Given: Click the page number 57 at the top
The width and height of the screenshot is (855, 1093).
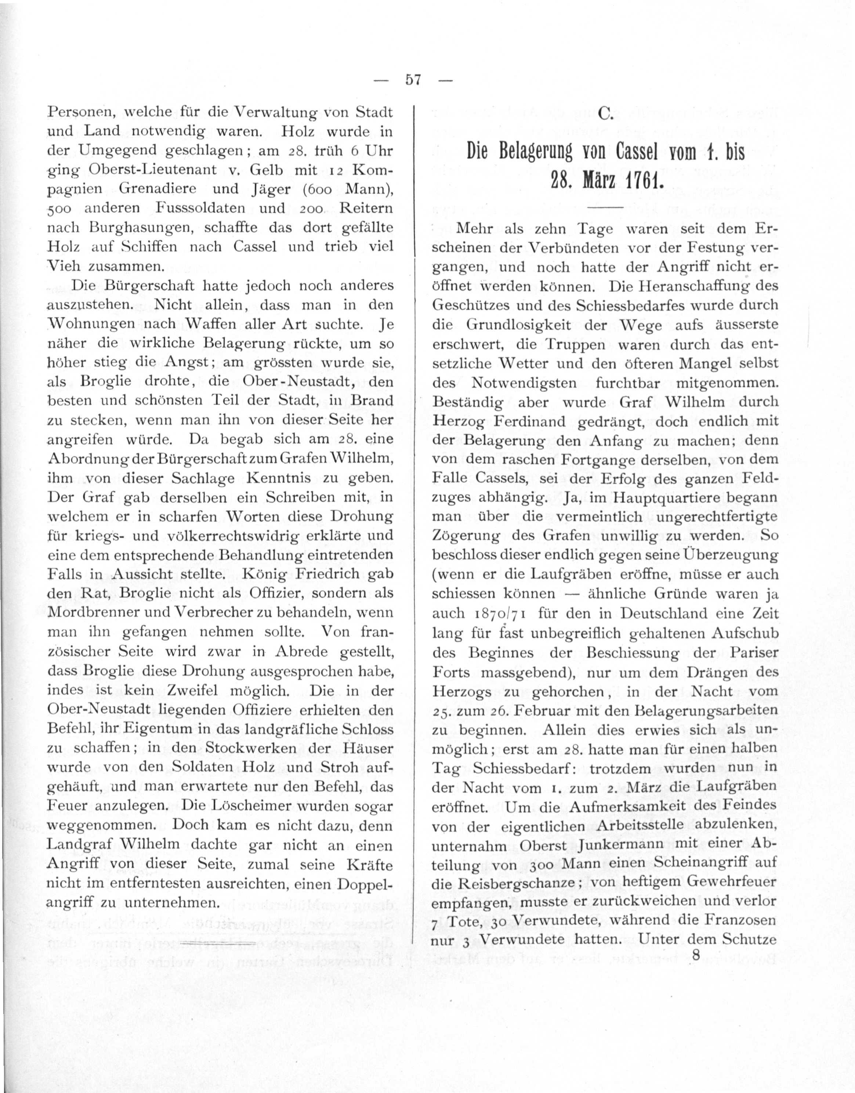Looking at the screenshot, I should click(x=413, y=80).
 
